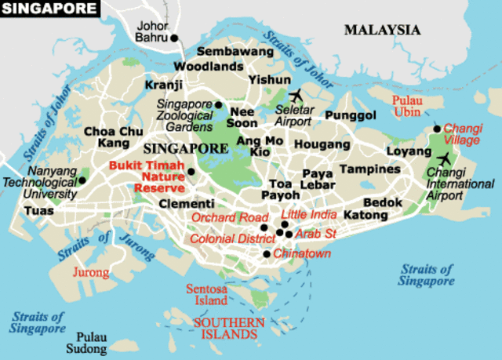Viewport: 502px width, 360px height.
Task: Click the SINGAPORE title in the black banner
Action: coord(50,9)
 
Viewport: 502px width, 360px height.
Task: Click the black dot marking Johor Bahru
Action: coord(175,37)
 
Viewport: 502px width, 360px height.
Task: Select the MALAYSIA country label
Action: coord(382,30)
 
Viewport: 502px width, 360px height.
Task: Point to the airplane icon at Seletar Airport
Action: coord(296,96)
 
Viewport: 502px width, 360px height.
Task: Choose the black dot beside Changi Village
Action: coord(437,129)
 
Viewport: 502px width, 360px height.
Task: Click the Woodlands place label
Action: coord(209,67)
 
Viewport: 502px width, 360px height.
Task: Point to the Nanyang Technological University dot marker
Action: coord(82,180)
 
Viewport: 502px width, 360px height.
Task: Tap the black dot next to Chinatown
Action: coord(267,253)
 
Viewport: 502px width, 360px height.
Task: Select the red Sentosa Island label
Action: coord(207,294)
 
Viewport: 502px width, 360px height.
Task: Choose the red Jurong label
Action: coord(91,272)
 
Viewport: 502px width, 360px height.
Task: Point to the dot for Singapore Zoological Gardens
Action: coord(219,104)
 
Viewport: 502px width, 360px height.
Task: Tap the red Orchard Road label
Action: coord(225,217)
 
